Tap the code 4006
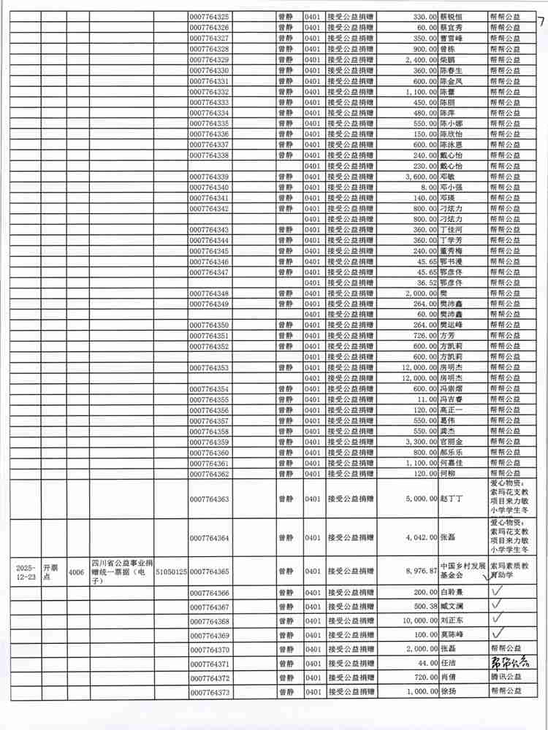tap(75, 572)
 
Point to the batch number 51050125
tap(171, 572)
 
